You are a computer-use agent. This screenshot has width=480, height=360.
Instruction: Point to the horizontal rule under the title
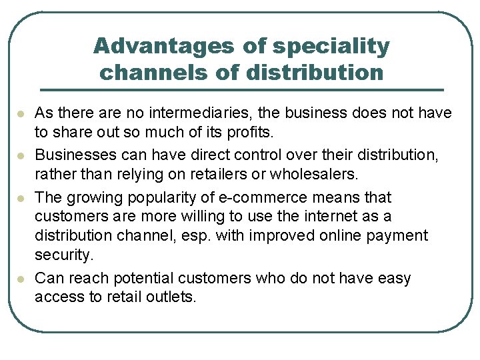click(242, 89)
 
